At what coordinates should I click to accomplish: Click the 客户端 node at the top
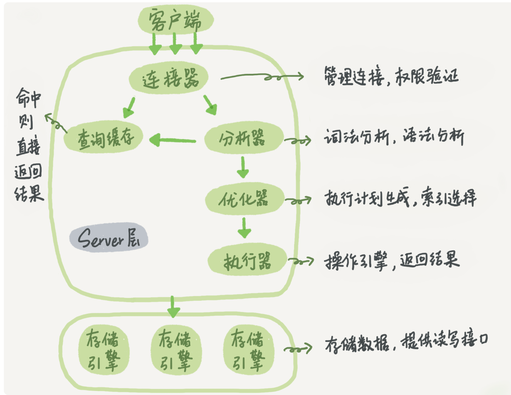(175, 20)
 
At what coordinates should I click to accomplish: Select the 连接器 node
(169, 78)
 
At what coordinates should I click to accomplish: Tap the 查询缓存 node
(103, 137)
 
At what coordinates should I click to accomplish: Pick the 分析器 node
(244, 138)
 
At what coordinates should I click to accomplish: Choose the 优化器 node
(245, 199)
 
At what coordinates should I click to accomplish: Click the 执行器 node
(247, 259)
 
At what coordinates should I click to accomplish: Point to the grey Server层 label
(109, 238)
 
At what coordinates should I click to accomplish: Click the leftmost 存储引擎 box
(104, 350)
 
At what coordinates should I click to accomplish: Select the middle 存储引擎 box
(176, 350)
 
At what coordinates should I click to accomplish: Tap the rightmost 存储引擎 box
(249, 350)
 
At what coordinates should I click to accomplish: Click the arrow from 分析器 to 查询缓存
(173, 141)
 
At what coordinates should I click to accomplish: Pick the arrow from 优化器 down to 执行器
(244, 228)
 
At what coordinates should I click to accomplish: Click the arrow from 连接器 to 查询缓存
(129, 107)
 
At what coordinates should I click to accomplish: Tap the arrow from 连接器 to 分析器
(210, 105)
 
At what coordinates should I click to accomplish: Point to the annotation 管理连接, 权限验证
(391, 76)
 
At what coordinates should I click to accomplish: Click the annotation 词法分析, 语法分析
(394, 137)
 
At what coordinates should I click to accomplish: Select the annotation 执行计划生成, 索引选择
(400, 197)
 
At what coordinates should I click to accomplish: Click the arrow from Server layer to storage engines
(173, 307)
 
